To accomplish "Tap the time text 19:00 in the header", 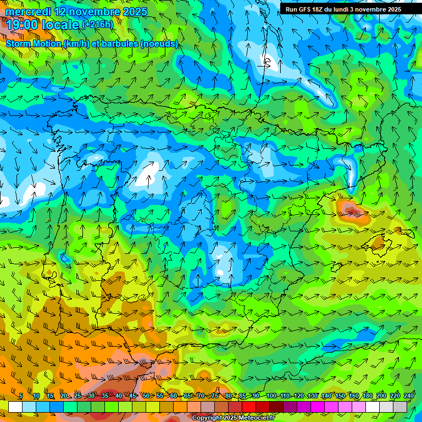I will tap(21, 25).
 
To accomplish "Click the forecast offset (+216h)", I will tap(98, 24).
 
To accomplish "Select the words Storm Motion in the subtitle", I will tap(34, 43).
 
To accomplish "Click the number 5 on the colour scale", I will tap(21, 396).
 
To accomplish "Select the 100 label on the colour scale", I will tap(271, 396).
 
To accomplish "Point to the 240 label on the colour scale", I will tap(409, 396).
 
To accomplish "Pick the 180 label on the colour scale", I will tap(368, 396).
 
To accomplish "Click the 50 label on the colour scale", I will tap(146, 396).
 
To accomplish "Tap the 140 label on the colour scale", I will tap(326, 396).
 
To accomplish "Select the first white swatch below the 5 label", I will tap(15, 407).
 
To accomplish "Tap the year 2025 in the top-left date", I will tap(132, 12).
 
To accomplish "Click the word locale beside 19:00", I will tap(59, 25).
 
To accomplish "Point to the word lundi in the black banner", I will tap(337, 9).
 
